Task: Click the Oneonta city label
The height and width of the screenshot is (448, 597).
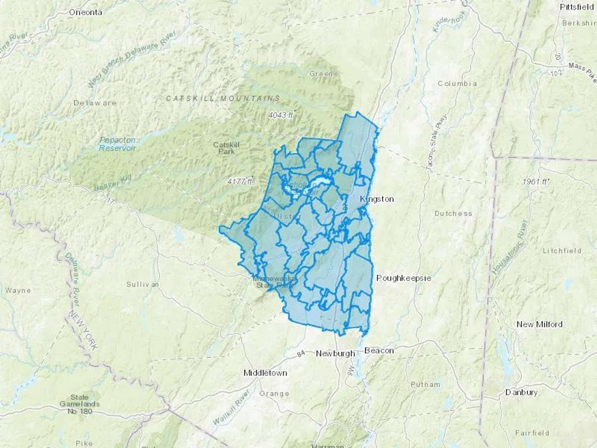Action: (86, 13)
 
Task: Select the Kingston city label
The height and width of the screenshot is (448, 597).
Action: (377, 199)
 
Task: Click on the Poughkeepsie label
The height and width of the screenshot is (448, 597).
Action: (404, 278)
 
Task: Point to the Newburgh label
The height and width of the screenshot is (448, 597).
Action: (335, 353)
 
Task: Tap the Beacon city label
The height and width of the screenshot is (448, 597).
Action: (379, 350)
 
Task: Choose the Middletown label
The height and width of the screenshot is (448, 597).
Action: (265, 373)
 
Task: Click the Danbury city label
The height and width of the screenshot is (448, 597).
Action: (521, 392)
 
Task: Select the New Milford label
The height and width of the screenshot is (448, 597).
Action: (540, 324)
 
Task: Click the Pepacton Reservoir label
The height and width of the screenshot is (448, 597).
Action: (118, 144)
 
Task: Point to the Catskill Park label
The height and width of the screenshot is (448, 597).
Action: (226, 148)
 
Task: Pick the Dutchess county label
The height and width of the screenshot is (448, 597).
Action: (453, 214)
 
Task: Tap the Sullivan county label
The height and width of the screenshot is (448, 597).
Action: (143, 284)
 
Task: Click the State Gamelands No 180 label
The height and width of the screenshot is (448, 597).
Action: (80, 404)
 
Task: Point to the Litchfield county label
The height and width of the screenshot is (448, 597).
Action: (562, 251)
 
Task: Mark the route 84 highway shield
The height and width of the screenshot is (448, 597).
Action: (300, 354)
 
